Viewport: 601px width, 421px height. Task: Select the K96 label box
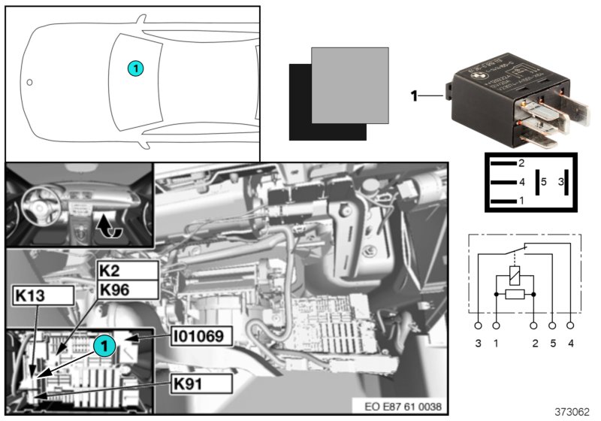click(x=128, y=289)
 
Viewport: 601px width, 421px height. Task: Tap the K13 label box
click(x=42, y=295)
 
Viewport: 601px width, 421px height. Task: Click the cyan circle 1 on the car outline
click(x=135, y=68)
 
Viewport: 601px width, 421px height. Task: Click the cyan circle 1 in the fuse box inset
click(x=104, y=345)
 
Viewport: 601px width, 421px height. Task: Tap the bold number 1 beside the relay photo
click(x=414, y=95)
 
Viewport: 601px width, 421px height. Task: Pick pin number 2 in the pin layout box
click(x=521, y=163)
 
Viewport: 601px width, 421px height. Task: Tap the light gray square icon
click(x=350, y=85)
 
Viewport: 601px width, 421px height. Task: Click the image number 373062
click(x=572, y=411)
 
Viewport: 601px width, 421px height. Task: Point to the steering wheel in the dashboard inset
click(x=37, y=201)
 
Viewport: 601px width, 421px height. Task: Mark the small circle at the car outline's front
click(x=29, y=80)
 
